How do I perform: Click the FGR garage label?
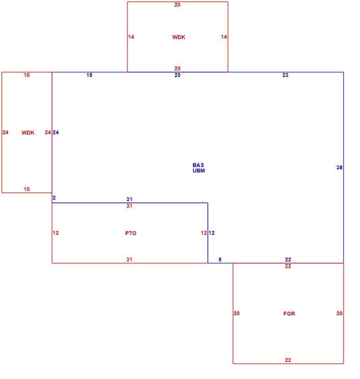click(x=289, y=314)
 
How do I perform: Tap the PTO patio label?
click(x=131, y=233)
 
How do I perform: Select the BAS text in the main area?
click(x=198, y=165)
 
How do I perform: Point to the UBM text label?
click(x=199, y=171)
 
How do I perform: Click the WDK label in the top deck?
click(x=179, y=37)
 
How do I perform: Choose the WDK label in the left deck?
click(x=28, y=133)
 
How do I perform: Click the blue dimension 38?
click(x=340, y=167)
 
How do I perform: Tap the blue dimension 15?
click(x=89, y=75)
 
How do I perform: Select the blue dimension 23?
click(x=285, y=75)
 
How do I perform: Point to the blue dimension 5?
click(x=220, y=259)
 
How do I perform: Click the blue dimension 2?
click(x=54, y=198)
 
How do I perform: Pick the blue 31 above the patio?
click(x=130, y=199)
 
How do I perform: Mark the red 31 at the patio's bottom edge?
click(x=130, y=259)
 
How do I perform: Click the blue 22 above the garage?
click(x=288, y=259)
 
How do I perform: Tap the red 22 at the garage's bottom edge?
click(x=288, y=360)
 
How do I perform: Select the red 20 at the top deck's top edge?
click(x=177, y=5)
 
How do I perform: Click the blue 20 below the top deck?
click(x=177, y=75)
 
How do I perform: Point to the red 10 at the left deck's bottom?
click(x=27, y=189)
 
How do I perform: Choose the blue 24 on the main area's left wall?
click(x=56, y=132)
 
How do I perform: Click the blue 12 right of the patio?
click(x=212, y=233)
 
